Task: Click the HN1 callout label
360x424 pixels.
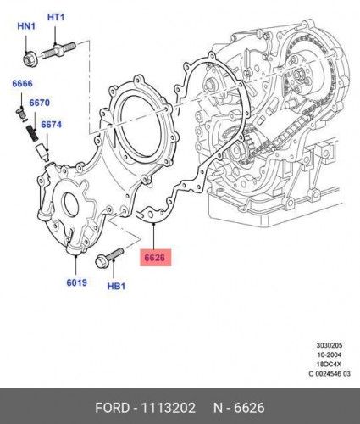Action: (26, 26)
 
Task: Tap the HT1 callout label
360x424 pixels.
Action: (56, 17)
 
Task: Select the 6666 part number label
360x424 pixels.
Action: (22, 84)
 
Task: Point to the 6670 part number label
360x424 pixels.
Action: (40, 103)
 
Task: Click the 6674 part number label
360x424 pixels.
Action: (52, 125)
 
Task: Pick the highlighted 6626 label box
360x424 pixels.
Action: (156, 258)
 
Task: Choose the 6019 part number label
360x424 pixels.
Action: (77, 282)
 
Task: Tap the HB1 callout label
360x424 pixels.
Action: (116, 286)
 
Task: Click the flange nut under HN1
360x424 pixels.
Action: (30, 59)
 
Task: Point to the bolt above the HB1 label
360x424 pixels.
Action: (109, 258)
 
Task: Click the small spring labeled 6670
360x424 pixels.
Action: (33, 133)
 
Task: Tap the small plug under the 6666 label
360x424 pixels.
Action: (20, 113)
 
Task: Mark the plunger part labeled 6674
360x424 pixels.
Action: (43, 153)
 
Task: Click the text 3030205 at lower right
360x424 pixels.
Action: (330, 345)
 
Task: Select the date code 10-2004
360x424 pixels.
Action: (330, 354)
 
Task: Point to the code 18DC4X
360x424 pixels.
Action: (330, 365)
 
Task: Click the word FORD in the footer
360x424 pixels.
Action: (112, 408)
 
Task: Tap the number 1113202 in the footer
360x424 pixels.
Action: (168, 408)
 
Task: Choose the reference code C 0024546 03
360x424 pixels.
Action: (330, 374)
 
